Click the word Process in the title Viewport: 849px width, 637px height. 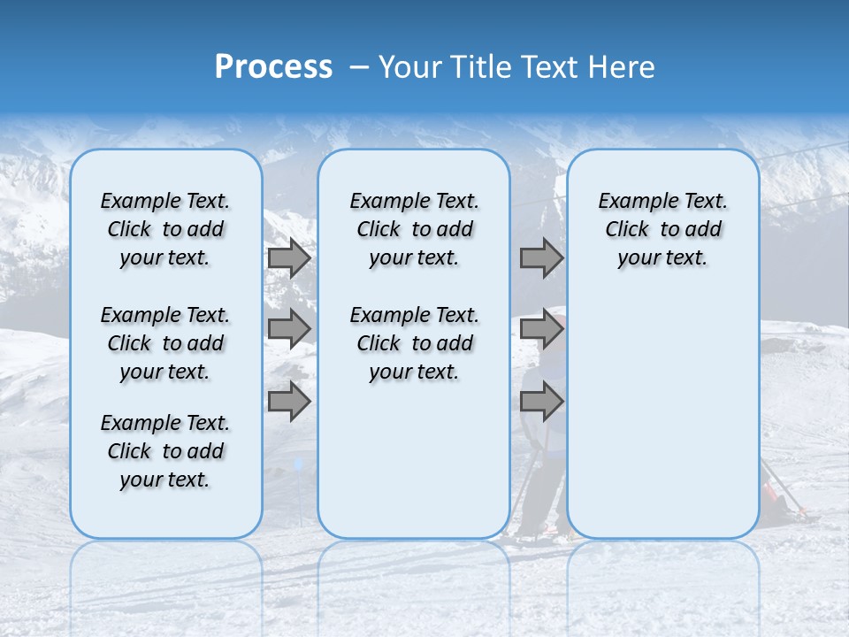tap(273, 66)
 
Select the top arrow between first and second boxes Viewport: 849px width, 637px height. tap(289, 258)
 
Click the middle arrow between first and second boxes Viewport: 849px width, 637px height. tap(289, 329)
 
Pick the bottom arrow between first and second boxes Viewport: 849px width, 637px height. tap(289, 402)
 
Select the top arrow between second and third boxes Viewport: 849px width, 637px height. tap(541, 258)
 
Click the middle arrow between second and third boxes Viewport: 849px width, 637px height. tap(541, 329)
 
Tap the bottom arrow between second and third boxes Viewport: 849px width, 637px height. tap(541, 402)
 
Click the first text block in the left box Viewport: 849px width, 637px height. tap(165, 229)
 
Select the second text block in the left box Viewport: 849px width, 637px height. tap(165, 343)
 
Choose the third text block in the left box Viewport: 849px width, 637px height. tap(165, 451)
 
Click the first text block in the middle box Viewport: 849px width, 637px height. tap(414, 229)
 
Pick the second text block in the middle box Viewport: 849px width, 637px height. tap(414, 343)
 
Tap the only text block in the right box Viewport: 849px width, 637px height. tap(662, 229)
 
